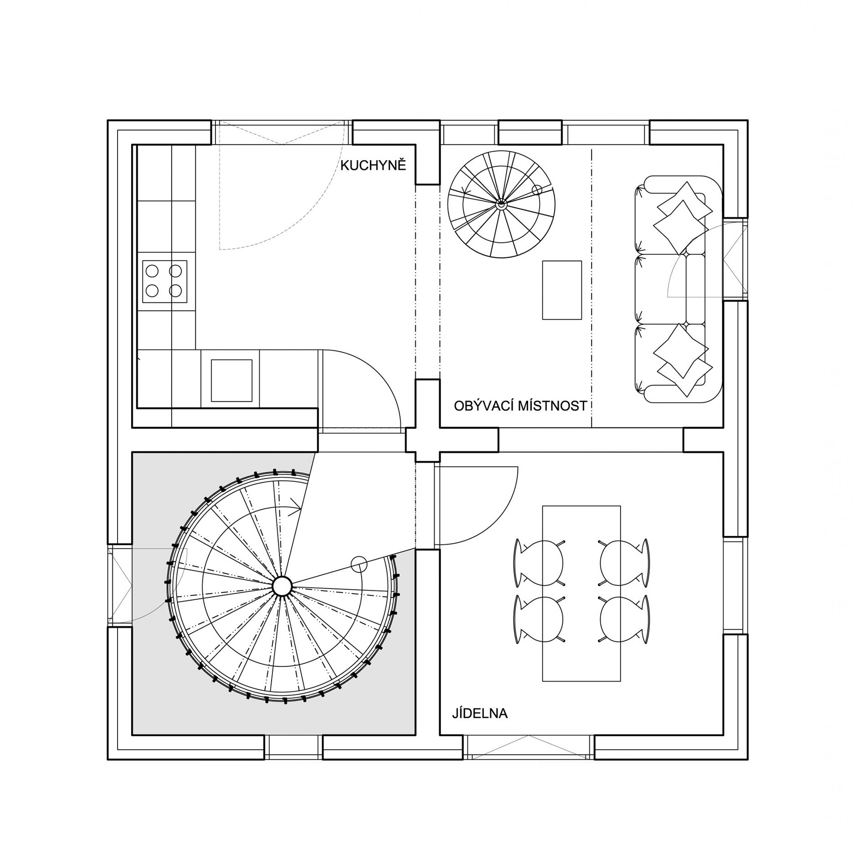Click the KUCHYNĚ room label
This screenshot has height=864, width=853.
[x=373, y=165]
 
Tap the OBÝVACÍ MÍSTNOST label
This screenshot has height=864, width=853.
[x=520, y=406]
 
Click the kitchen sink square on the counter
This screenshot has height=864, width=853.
[x=231, y=381]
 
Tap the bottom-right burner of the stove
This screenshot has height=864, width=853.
[x=176, y=290]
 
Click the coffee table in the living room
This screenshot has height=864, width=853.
[x=562, y=290]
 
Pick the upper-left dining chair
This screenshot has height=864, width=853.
[x=540, y=562]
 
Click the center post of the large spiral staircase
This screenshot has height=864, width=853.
[x=282, y=585]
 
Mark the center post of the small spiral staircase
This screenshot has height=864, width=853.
[x=501, y=205]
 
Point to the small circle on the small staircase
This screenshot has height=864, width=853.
[x=537, y=189]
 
